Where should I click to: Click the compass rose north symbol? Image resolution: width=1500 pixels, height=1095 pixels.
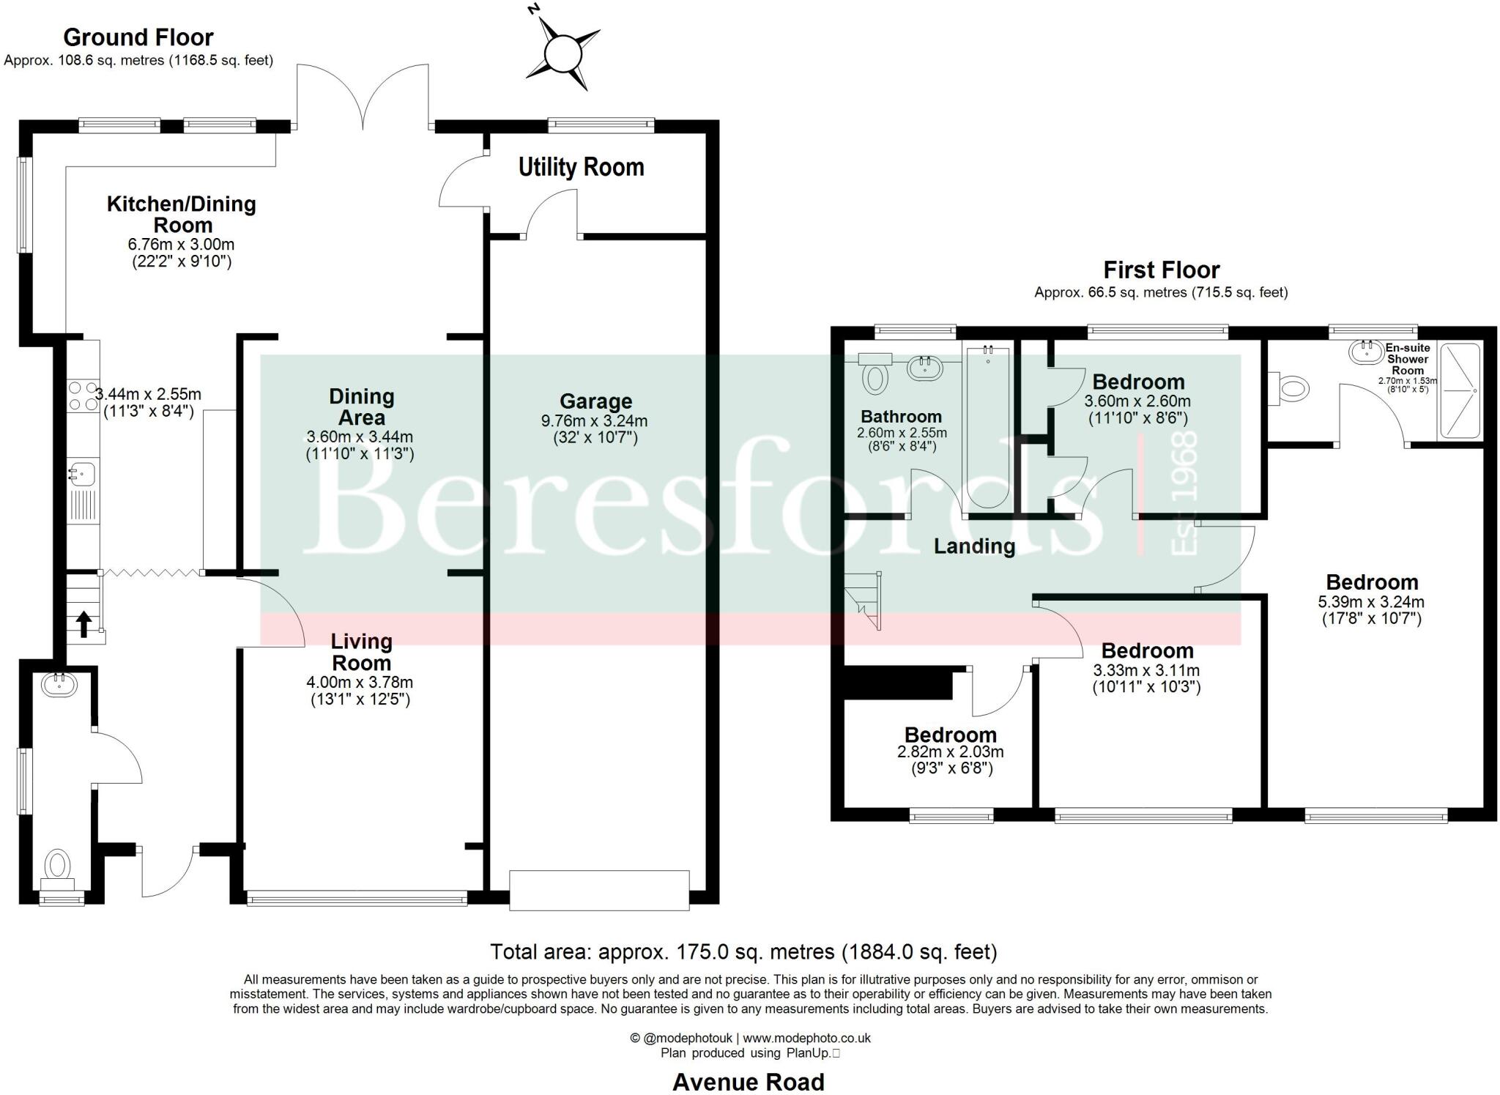pos(562,53)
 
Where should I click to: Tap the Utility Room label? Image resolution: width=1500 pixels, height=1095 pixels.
pos(581,168)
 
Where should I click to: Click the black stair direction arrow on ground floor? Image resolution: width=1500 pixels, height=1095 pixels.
pos(84,623)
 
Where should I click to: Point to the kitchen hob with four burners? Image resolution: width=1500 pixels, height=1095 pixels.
pos(83,396)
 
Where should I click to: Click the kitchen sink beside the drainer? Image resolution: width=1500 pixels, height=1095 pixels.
pos(82,472)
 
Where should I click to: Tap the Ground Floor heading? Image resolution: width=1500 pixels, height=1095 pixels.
pos(138,37)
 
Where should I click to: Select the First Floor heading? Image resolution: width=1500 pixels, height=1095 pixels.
pos(1161,270)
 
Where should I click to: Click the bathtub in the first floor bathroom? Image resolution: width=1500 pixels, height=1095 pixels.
pos(988,428)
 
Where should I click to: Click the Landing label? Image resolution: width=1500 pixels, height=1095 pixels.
pos(974,546)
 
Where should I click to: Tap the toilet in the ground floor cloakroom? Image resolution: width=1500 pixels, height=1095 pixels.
pos(57,866)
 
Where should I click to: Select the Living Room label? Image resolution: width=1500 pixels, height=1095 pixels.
pos(361,652)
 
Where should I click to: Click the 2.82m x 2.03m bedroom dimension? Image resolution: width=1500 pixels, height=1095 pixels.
pos(950,752)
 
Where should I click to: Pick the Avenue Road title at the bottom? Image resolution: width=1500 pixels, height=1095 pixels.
pos(748,1082)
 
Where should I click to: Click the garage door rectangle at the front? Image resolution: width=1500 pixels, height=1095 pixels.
pos(599,890)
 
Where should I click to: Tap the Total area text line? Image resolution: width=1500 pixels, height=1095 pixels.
pos(743,952)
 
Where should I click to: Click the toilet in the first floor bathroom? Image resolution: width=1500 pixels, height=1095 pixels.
pos(875,377)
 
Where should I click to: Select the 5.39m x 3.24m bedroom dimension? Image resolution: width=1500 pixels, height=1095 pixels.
pos(1371,602)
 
